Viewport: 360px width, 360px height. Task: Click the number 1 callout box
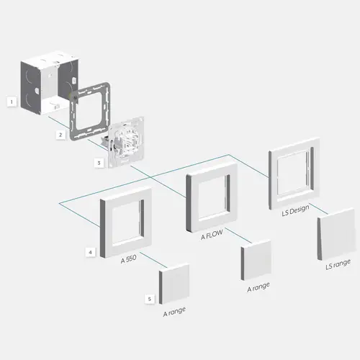coord(12,102)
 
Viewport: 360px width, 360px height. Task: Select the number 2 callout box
coord(60,135)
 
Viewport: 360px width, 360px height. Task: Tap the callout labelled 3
coord(99,163)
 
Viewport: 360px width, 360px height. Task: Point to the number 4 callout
coord(90,252)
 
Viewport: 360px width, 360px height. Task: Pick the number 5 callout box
coord(150,299)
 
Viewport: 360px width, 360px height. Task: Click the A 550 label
coord(129,259)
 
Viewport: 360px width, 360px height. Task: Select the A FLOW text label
coord(212,235)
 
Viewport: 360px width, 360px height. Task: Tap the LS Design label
coord(295,210)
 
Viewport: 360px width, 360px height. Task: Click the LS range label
coord(338,264)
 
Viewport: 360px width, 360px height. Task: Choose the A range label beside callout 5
coord(174,312)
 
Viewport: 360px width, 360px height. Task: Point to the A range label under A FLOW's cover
coord(258,287)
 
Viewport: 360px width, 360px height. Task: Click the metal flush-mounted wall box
coord(49,83)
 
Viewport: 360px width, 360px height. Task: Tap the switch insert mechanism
coord(126,142)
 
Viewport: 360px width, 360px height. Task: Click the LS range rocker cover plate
coord(336,234)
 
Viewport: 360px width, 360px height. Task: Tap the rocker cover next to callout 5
coord(174,284)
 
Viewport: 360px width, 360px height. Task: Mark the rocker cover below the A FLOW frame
coord(256,260)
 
